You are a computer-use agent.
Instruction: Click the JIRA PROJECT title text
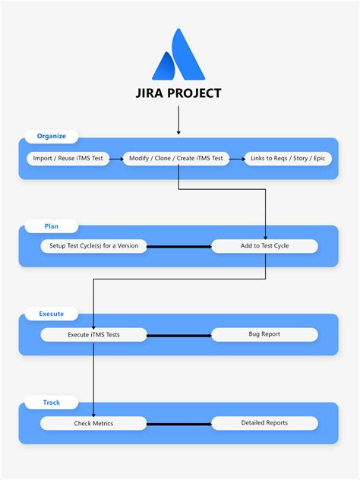(x=178, y=93)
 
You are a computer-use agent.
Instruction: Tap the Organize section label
(x=52, y=137)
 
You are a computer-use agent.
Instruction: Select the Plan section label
(x=51, y=226)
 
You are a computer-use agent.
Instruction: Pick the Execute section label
(x=52, y=314)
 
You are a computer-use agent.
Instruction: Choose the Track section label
(x=51, y=402)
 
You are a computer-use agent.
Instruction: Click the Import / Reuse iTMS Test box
(x=68, y=159)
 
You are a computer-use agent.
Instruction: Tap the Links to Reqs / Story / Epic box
(x=289, y=159)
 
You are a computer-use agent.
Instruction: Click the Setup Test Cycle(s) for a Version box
(x=94, y=246)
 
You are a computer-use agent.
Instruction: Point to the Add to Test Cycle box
(x=264, y=246)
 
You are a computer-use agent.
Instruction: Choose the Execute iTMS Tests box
(x=94, y=334)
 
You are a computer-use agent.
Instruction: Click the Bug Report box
(x=264, y=334)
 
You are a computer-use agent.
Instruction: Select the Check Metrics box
(x=94, y=423)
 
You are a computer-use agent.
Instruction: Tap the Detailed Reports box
(x=264, y=423)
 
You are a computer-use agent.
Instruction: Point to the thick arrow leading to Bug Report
(x=179, y=335)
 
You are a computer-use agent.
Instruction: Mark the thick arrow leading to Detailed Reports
(x=179, y=423)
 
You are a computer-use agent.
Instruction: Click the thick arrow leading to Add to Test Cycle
(x=179, y=246)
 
